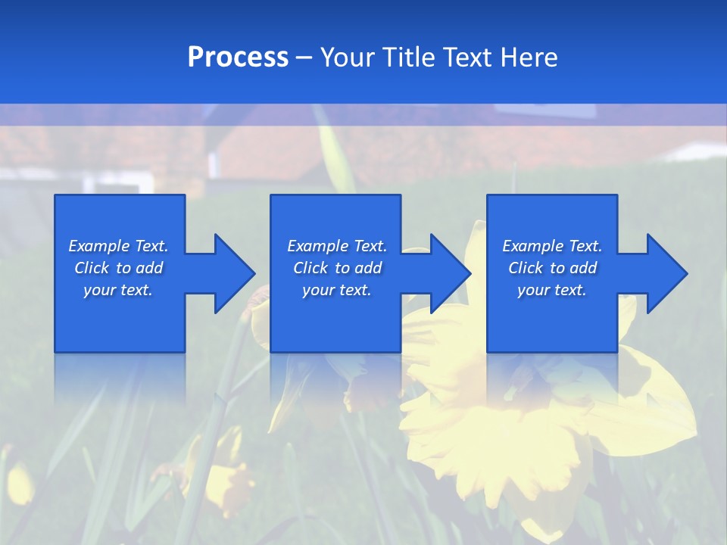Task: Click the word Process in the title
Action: tap(238, 58)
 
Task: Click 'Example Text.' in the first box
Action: tap(118, 246)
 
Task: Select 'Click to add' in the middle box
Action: tap(337, 268)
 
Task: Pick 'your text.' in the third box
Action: tap(552, 290)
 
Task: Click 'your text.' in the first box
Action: tap(118, 290)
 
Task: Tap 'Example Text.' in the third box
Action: tap(552, 246)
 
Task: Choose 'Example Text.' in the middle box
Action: tap(337, 246)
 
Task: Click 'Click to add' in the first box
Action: tap(118, 268)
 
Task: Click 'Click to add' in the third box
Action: tap(552, 268)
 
